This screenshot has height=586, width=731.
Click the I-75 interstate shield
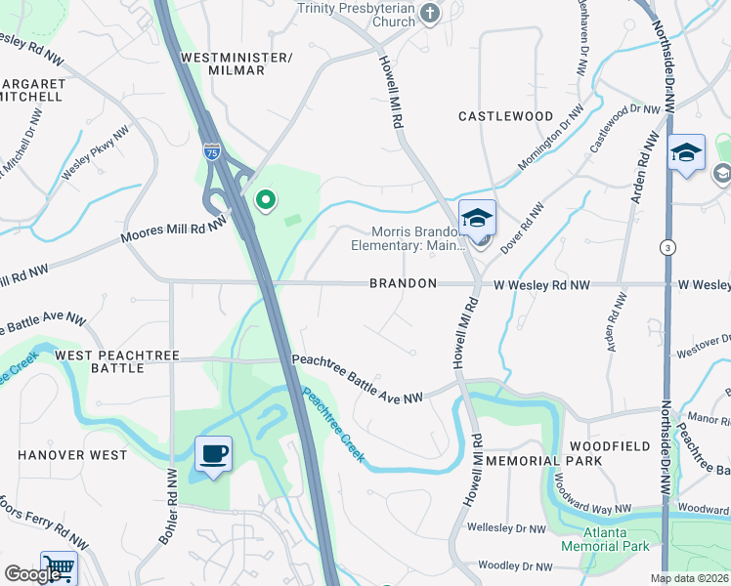pyautogui.click(x=212, y=151)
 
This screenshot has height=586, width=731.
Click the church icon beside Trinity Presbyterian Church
pyautogui.click(x=430, y=13)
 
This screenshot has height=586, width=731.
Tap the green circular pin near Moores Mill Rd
pyautogui.click(x=265, y=201)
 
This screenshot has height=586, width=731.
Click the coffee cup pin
pyautogui.click(x=213, y=453)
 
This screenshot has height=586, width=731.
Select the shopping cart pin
pyautogui.click(x=59, y=567)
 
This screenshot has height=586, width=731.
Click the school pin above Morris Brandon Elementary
pyautogui.click(x=478, y=218)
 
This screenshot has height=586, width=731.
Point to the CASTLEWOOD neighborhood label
pyautogui.click(x=506, y=116)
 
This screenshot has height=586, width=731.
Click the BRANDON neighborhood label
pyautogui.click(x=403, y=284)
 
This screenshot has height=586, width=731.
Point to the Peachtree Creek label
pyautogui.click(x=333, y=426)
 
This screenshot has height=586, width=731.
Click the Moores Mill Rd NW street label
pyautogui.click(x=173, y=230)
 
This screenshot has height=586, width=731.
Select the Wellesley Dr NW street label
pyautogui.click(x=506, y=528)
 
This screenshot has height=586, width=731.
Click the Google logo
pyautogui.click(x=33, y=574)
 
